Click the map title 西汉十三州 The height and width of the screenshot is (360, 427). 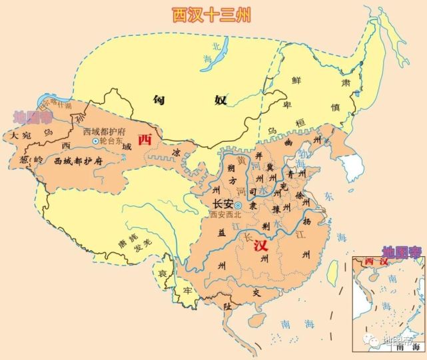pos(211,14)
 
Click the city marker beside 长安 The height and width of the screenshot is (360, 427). pos(238,206)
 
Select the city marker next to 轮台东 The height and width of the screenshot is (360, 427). pos(95,142)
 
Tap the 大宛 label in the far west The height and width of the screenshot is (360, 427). pos(18,136)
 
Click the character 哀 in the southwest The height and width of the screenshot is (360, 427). pos(162,274)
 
